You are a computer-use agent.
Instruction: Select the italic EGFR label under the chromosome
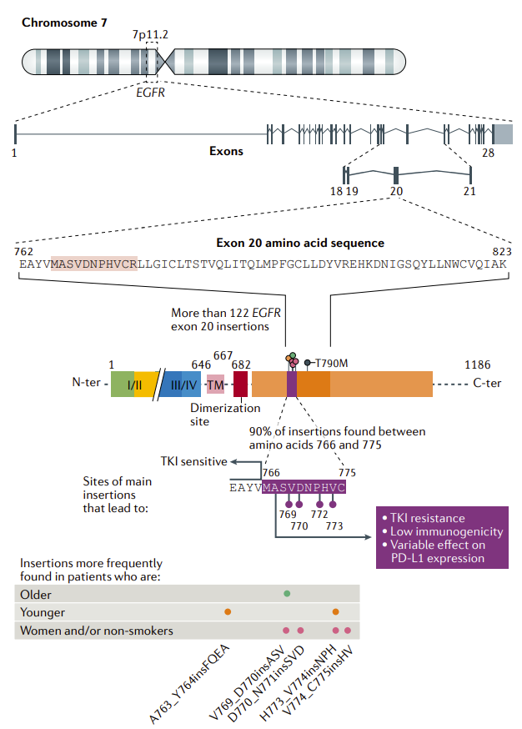151,93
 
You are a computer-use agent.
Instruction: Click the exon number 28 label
489,153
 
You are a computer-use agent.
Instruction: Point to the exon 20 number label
396,191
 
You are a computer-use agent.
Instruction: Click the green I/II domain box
123,384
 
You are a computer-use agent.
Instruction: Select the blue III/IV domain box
183,384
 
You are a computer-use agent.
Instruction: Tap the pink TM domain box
216,384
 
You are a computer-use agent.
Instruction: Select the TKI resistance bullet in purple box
426,519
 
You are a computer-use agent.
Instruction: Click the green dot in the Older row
287,593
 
